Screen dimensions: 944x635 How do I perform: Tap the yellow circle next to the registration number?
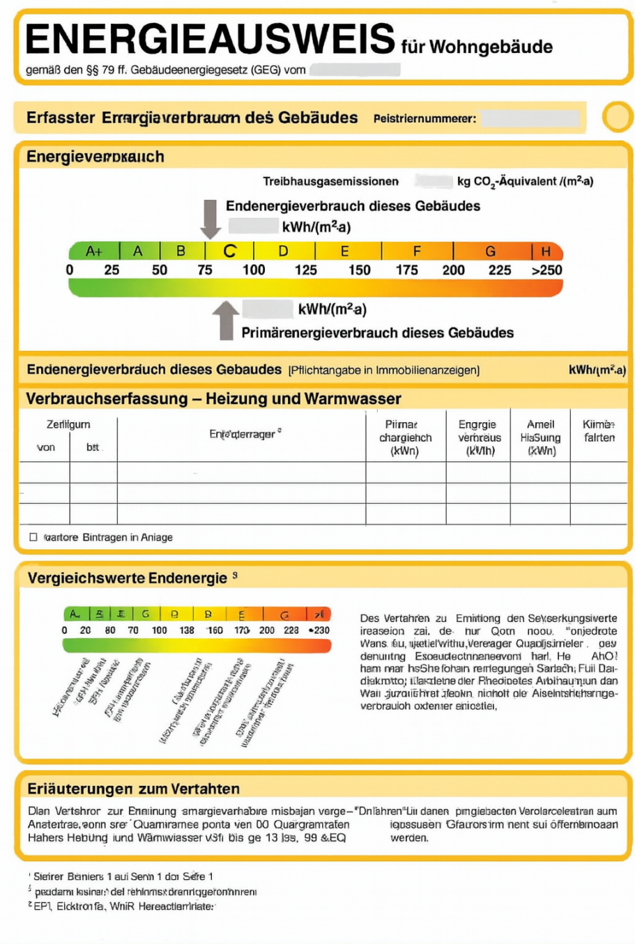[617, 117]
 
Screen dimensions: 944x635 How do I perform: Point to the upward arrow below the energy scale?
[225, 320]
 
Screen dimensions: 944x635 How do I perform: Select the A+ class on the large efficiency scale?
[94, 251]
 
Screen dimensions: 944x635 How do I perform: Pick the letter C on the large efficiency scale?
[229, 251]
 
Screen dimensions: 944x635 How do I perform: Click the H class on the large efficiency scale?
[546, 251]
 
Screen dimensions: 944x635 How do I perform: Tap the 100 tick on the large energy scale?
[254, 270]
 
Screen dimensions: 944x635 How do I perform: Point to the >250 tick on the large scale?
[546, 270]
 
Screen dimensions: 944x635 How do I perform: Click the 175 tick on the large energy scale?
[406, 270]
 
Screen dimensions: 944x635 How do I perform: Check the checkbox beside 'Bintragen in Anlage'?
[33, 537]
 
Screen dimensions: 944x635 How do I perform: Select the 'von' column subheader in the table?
[45, 447]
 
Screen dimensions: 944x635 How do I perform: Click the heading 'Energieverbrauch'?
[95, 157]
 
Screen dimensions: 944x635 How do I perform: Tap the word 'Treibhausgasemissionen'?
[330, 181]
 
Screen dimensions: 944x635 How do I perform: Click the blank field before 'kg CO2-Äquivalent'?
[434, 181]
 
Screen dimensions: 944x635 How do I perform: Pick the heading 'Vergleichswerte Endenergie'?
[128, 578]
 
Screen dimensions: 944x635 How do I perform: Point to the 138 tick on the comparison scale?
[187, 630]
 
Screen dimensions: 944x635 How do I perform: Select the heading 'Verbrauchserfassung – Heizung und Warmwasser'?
[213, 399]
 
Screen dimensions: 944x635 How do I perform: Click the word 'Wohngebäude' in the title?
[491, 47]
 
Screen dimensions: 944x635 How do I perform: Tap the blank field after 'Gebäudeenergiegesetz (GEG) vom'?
[355, 70]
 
